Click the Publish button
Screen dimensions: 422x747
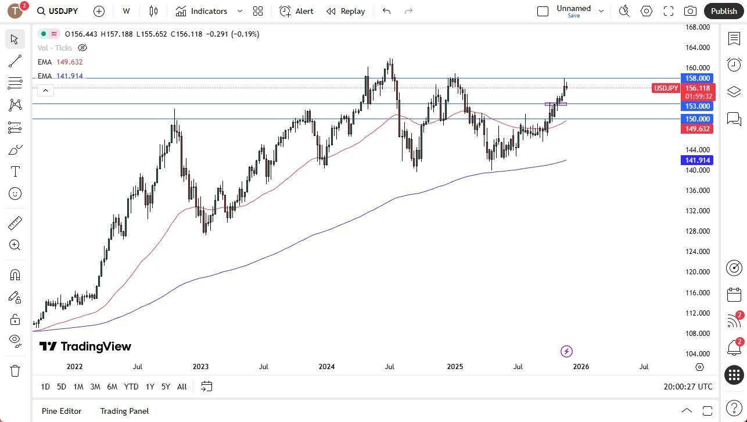tap(723, 11)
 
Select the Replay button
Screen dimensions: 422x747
tap(346, 11)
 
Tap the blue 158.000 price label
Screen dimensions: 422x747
tap(697, 78)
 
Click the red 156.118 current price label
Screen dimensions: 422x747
tap(697, 88)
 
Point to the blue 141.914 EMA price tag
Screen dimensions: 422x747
tap(697, 160)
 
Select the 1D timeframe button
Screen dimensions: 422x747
tap(45, 387)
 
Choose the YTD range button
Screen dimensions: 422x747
tap(131, 387)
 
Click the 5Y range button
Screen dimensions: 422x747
tap(166, 387)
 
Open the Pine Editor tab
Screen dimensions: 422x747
tap(62, 411)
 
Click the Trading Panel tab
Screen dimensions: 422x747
tap(124, 411)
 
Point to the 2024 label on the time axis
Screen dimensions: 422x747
tap(326, 367)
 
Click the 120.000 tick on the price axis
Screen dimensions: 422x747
tap(697, 272)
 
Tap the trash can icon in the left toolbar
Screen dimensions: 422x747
tap(15, 371)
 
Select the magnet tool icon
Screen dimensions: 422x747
tap(15, 274)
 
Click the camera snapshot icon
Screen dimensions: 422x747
tap(690, 11)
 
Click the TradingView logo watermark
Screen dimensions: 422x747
tap(85, 346)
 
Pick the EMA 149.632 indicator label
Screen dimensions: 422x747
tap(60, 62)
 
